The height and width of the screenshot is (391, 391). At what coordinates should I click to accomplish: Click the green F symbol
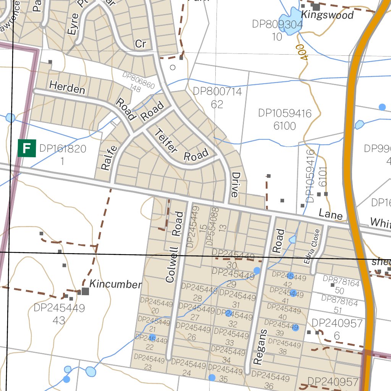coord(26,148)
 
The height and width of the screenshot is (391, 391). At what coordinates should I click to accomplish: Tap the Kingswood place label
coord(327,15)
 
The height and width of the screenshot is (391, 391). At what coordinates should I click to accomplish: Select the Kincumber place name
coord(115,284)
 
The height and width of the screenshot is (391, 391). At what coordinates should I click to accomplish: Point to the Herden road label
coord(67,88)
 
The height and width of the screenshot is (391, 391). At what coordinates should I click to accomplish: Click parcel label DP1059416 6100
coord(284,120)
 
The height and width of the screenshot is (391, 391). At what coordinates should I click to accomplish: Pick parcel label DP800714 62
coord(217,98)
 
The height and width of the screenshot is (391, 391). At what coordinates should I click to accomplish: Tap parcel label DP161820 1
coord(63,155)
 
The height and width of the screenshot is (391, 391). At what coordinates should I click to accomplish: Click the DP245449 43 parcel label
coord(59,314)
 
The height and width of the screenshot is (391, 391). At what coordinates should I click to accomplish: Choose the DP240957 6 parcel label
coord(337,330)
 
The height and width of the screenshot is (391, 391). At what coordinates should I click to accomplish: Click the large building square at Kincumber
coord(85,291)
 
